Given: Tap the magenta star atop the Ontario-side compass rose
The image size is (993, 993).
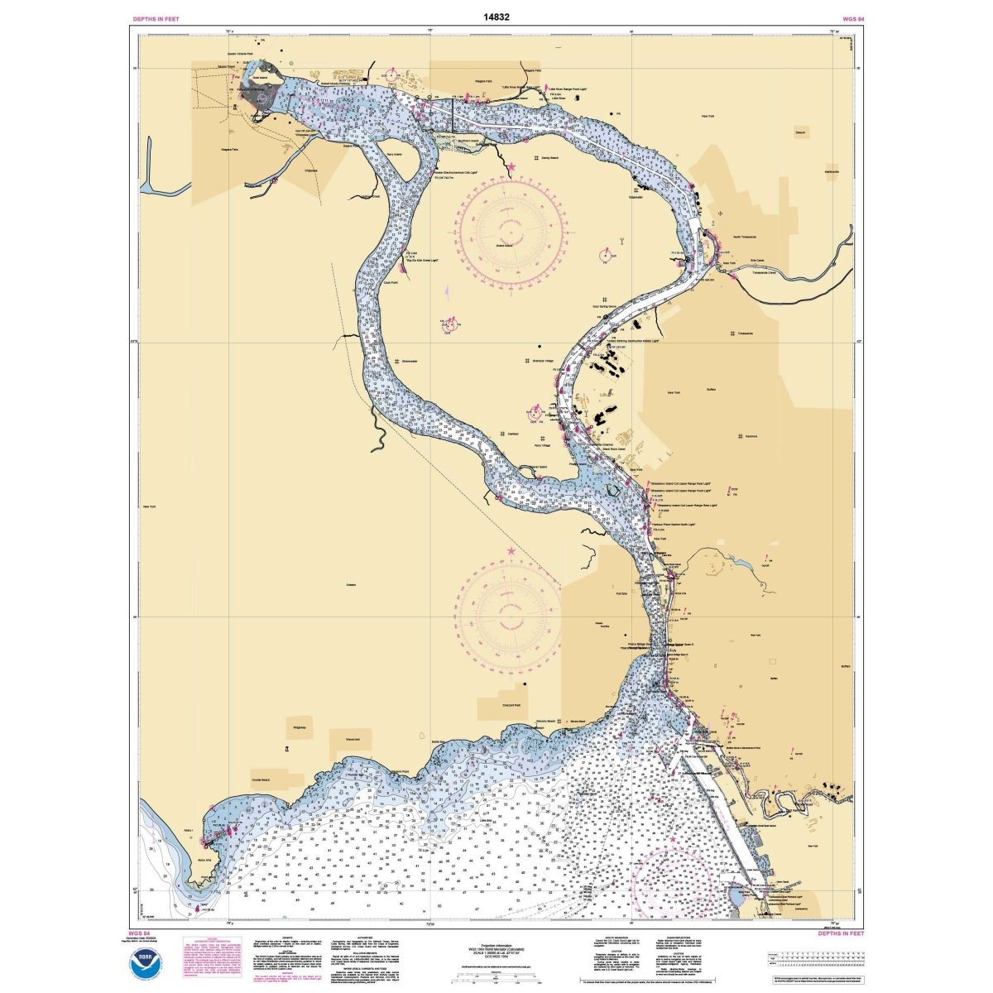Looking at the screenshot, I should (511, 551).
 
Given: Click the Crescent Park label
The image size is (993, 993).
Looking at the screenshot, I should (511, 705).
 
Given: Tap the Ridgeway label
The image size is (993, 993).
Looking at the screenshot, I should (299, 727).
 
